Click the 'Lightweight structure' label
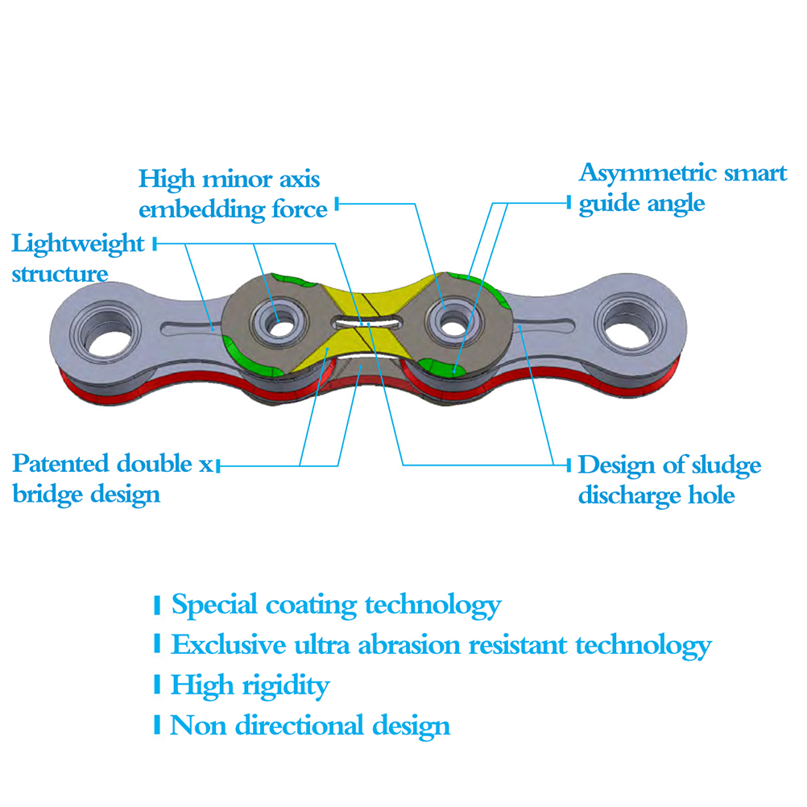[77, 258]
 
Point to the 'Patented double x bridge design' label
[113, 478]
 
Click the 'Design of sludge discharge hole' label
[668, 479]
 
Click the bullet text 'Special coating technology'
[336, 605]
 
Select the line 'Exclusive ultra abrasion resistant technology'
[441, 644]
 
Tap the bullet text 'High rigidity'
[250, 685]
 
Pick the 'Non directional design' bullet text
[310, 726]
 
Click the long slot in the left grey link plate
[188, 329]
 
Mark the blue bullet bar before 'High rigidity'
[157, 685]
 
